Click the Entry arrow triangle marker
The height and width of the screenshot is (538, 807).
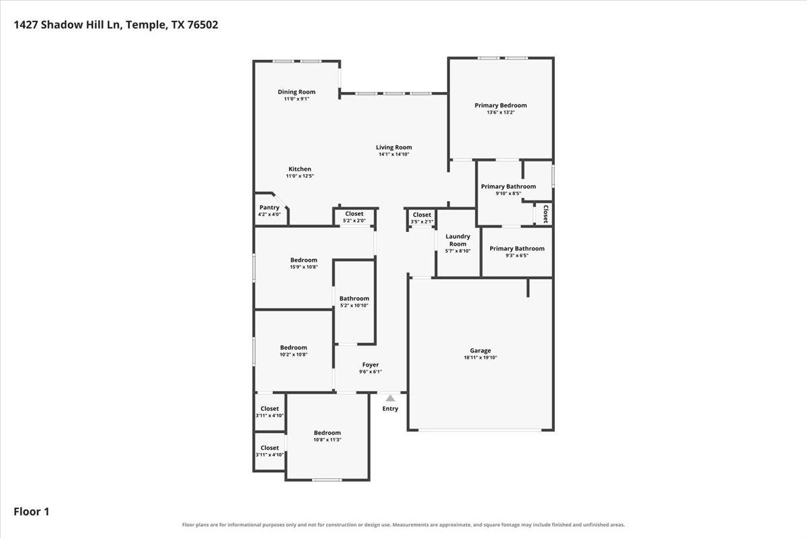coord(390,398)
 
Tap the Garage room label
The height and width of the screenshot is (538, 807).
coord(480,350)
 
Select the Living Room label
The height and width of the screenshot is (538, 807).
coord(394,147)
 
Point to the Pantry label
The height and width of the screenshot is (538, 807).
coord(269,208)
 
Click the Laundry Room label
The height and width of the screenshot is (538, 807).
coord(457,240)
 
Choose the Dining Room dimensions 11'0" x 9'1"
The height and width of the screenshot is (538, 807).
coord(297,99)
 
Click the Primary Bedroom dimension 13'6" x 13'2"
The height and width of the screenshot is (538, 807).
coord(501,112)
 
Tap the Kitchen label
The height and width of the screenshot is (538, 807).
coord(300,169)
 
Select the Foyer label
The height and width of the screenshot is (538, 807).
coord(371,364)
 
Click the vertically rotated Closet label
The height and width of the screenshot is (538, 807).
coord(545,214)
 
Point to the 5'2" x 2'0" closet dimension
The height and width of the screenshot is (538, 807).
coord(354,221)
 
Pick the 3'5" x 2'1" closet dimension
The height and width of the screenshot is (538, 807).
coord(422,222)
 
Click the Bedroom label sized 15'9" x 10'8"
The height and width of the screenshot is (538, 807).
coord(304,260)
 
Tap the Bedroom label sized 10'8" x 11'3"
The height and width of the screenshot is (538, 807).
coord(327,433)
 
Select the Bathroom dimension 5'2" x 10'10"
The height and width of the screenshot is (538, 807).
coord(354,305)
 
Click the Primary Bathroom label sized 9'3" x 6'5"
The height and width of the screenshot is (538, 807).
coord(517,248)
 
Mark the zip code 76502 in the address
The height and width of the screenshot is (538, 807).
coord(202,25)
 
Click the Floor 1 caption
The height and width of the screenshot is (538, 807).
coord(32,511)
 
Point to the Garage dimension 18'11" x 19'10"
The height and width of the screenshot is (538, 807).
coord(480,358)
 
